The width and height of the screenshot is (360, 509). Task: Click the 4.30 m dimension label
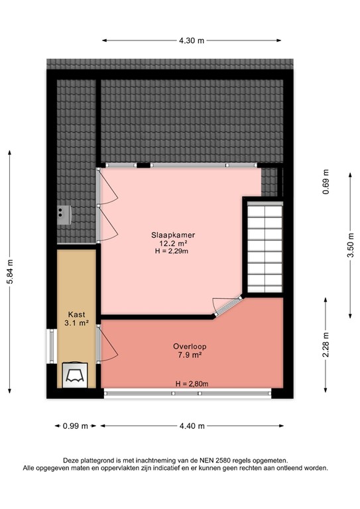192,40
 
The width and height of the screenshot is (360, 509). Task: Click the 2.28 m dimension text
326,345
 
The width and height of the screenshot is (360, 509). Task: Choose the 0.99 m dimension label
75,426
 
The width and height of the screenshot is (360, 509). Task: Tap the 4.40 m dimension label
192,426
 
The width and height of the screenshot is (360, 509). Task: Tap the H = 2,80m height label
192,384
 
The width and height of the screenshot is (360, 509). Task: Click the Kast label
76,314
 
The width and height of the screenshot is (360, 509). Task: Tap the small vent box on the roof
64,212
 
